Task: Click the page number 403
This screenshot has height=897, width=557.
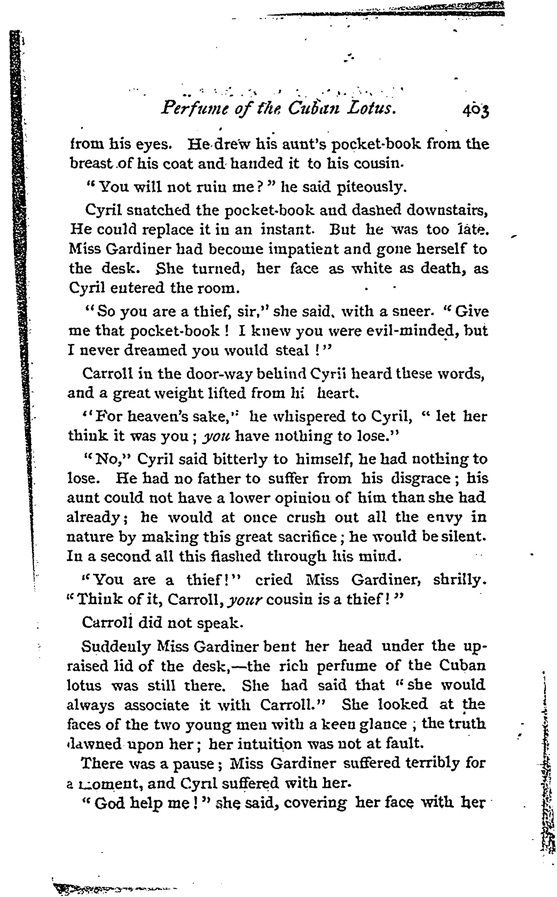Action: click(476, 110)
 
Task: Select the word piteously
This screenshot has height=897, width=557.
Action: click(372, 187)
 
